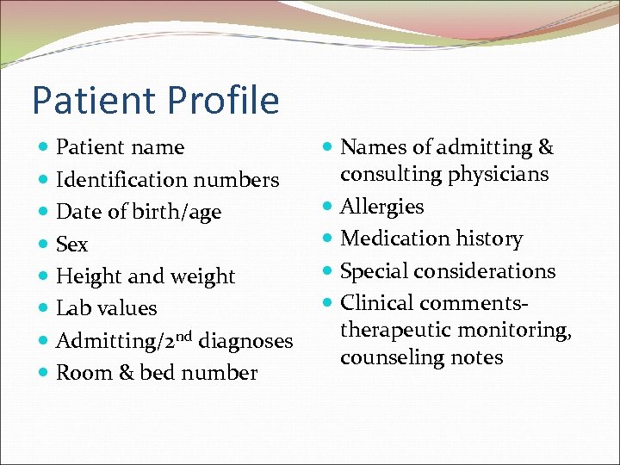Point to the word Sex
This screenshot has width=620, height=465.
[71, 245]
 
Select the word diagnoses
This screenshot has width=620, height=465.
[245, 341]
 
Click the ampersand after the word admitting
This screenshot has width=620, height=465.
[545, 147]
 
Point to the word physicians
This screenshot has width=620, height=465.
[498, 175]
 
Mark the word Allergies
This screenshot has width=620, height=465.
[382, 207]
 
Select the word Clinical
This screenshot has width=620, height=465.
[373, 303]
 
